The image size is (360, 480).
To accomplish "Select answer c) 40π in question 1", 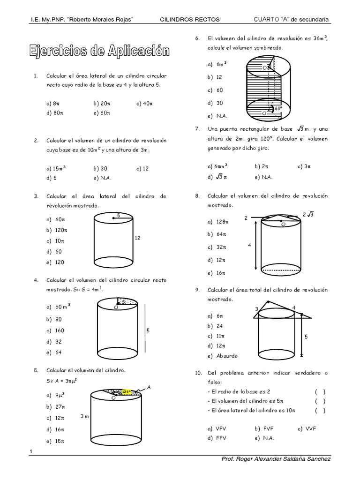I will pyautogui.click(x=145, y=104).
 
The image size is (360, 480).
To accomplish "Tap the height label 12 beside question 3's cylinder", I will pyautogui.click(x=137, y=238).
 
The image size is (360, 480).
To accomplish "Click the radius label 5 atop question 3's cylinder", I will pyautogui.click(x=119, y=215).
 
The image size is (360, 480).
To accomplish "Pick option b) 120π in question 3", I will pyautogui.click(x=57, y=230).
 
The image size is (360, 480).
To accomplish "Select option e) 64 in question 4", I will pyautogui.click(x=54, y=352).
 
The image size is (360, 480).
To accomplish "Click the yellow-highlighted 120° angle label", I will pyautogui.click(x=126, y=391).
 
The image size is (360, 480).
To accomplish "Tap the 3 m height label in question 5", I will pyautogui.click(x=85, y=416).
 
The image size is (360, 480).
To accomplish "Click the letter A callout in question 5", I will pyautogui.click(x=149, y=387).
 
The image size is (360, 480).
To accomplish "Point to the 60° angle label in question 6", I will pyautogui.click(x=278, y=108).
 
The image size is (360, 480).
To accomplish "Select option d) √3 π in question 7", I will pyautogui.click(x=217, y=177).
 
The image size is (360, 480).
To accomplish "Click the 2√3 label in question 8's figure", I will pyautogui.click(x=308, y=215).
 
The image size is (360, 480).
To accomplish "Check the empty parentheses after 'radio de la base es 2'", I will pyautogui.click(x=320, y=391).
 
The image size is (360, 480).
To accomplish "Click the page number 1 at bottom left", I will pyautogui.click(x=30, y=451).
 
